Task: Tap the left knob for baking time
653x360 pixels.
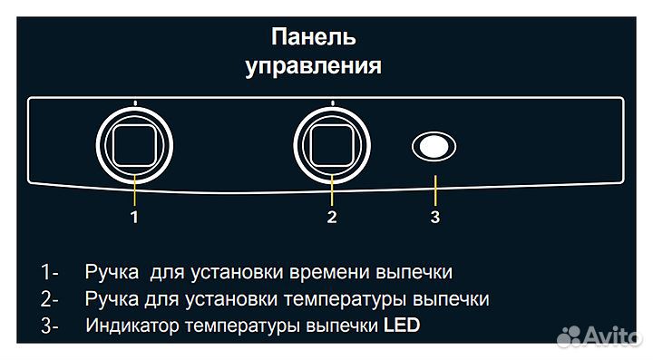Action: tap(135, 143)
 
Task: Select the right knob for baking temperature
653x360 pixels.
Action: tap(333, 143)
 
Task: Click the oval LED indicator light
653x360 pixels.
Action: tap(434, 147)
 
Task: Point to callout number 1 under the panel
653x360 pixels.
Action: tap(134, 216)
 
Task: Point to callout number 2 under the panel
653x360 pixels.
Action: tap(332, 216)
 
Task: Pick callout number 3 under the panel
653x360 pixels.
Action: tap(434, 216)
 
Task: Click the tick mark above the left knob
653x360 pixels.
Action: tap(135, 103)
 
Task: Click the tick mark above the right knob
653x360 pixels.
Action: tap(333, 103)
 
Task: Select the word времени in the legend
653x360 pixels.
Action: tap(326, 273)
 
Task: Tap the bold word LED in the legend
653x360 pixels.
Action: tap(402, 326)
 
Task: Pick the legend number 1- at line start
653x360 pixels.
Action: tap(49, 273)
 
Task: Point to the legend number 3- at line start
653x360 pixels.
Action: tap(50, 326)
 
